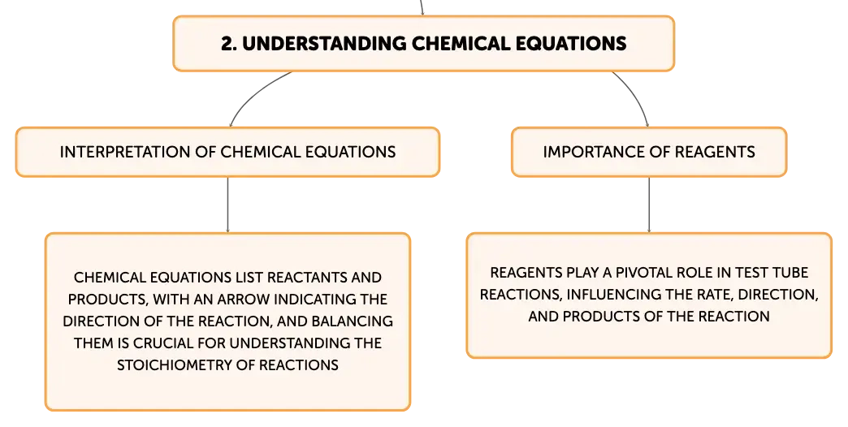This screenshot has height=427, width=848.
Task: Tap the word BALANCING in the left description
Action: tap(352, 321)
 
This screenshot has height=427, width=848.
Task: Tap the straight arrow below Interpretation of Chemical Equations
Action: tap(227, 205)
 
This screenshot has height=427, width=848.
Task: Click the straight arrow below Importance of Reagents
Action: tap(649, 205)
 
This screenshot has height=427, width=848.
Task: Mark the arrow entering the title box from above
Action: tap(422, 7)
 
